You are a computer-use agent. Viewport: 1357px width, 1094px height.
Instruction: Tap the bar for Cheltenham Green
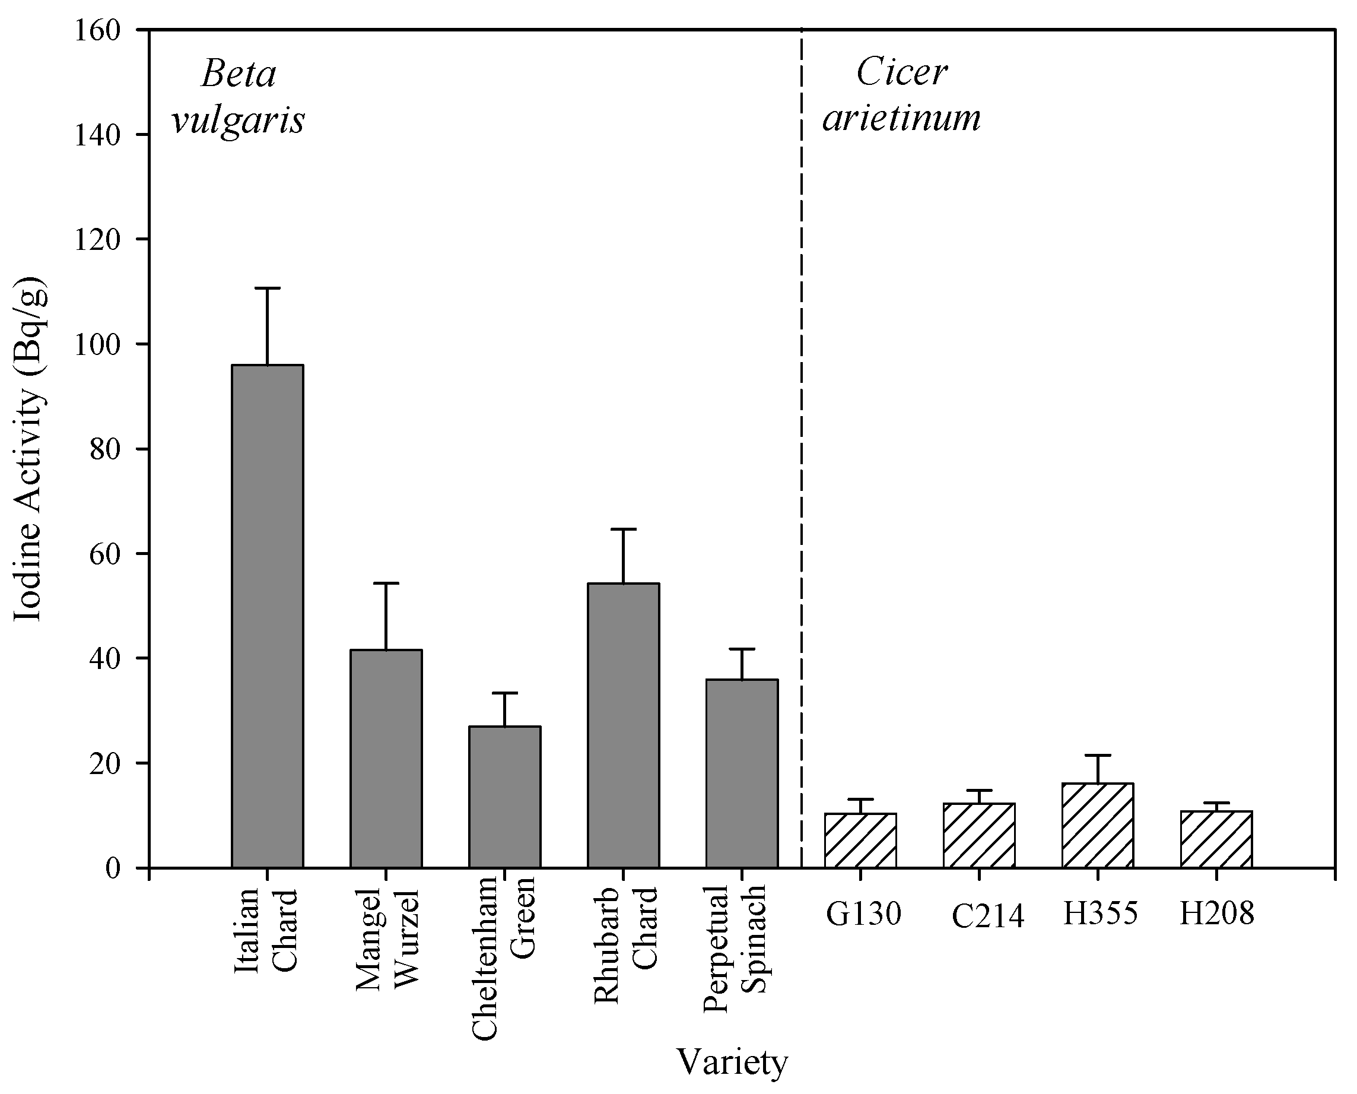[x=504, y=797]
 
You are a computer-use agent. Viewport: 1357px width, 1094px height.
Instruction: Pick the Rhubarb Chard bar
[x=623, y=725]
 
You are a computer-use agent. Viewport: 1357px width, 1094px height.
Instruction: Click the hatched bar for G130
[x=860, y=841]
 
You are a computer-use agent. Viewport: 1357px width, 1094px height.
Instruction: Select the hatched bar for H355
[x=1098, y=826]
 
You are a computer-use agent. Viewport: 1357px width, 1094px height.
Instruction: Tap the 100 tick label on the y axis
[x=97, y=345]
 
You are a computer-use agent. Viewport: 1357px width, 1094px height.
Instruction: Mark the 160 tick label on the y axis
[x=97, y=31]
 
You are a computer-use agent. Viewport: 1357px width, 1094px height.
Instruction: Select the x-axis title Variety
[x=732, y=1063]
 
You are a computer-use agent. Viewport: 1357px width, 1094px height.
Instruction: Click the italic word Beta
[x=238, y=74]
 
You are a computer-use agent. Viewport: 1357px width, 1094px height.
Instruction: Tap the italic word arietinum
[x=901, y=118]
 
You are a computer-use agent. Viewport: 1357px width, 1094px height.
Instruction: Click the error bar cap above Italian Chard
[x=267, y=288]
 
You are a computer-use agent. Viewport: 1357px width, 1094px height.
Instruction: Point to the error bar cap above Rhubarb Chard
[x=623, y=529]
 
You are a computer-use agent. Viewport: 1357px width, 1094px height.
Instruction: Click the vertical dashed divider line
[x=802, y=441]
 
